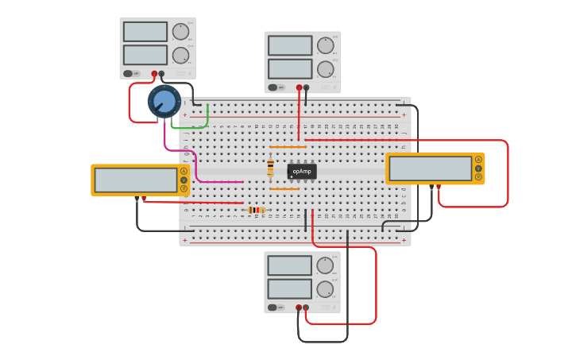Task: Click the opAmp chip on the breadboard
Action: pos(302,171)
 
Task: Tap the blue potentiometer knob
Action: pos(164,102)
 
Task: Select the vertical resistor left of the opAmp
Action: pos(270,167)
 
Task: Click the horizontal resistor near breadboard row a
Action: pos(255,210)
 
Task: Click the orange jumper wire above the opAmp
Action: pos(288,147)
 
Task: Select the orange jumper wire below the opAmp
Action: pos(284,189)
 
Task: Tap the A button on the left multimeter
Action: pos(184,171)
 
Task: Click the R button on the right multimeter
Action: pos(478,176)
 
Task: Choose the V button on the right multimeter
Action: pos(478,168)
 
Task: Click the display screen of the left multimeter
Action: pos(136,180)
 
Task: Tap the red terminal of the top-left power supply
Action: pos(155,74)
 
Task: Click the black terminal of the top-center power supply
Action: pos(307,87)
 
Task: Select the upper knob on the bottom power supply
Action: pos(325,265)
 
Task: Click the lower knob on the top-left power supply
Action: pos(181,56)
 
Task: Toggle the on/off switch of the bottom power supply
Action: pos(274,308)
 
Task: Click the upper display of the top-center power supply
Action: pos(290,45)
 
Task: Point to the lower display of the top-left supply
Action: pos(145,55)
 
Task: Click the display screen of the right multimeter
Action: pos(431,168)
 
